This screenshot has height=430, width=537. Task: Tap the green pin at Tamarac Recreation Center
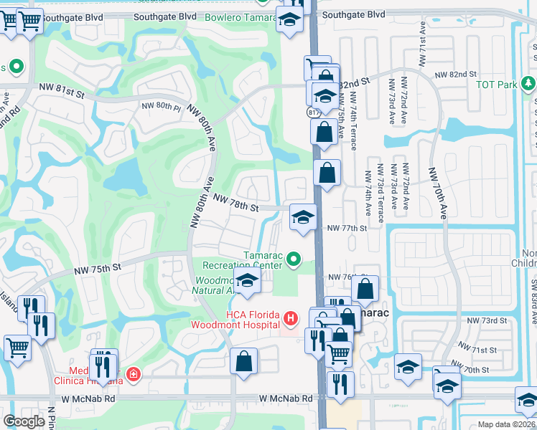click(293, 259)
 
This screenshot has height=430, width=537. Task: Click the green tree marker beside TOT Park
click(528, 84)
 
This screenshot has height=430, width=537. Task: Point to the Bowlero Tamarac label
click(241, 17)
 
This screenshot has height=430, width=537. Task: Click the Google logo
click(24, 421)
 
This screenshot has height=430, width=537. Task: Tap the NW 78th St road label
click(235, 206)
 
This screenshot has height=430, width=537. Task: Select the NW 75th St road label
click(97, 269)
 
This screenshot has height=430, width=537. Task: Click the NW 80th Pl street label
click(161, 106)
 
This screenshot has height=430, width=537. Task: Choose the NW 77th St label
click(347, 228)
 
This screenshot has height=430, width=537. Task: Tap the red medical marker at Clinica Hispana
click(132, 373)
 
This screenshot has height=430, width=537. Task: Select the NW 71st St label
click(483, 350)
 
